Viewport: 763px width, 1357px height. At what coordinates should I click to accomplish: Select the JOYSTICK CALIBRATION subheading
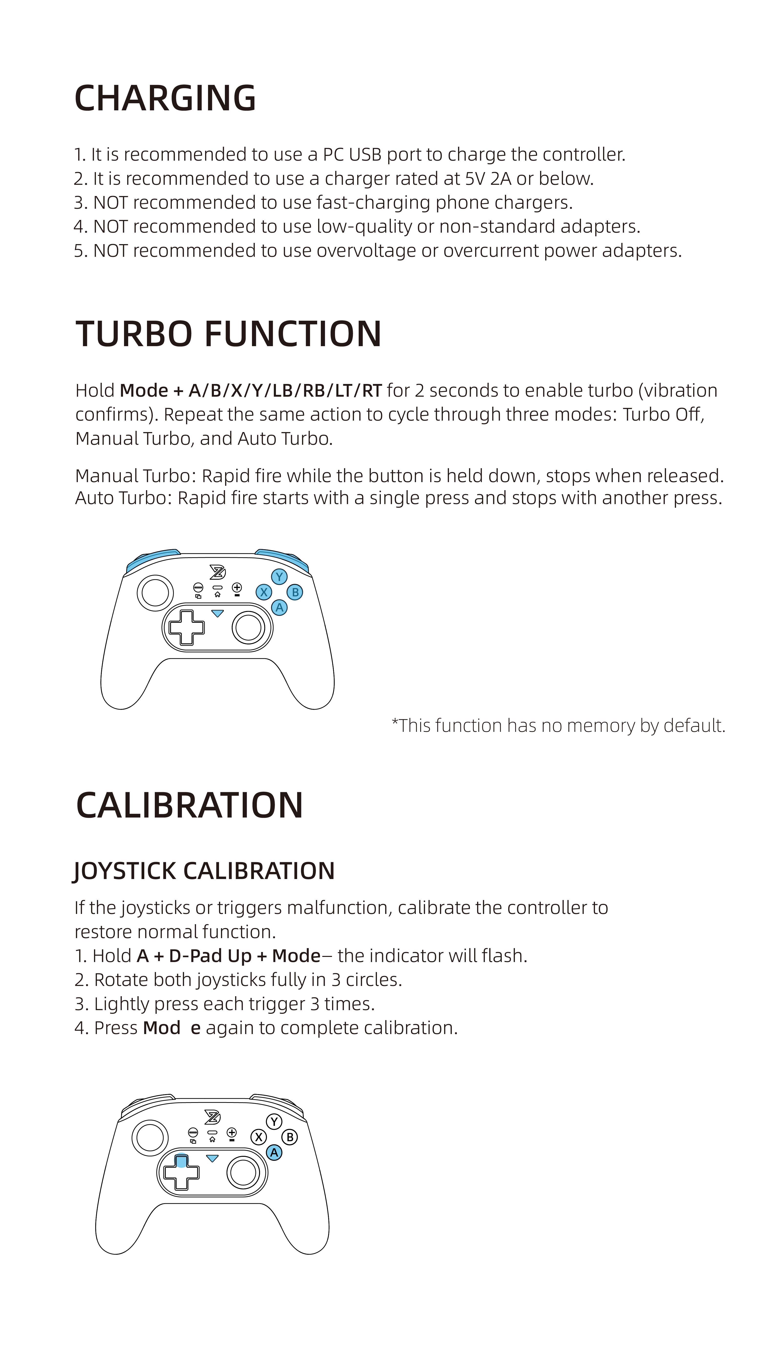[204, 871]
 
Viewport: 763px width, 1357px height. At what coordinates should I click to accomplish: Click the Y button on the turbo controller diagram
[279, 576]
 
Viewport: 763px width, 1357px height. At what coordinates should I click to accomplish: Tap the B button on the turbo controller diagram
[295, 592]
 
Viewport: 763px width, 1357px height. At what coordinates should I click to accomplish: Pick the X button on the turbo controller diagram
[263, 592]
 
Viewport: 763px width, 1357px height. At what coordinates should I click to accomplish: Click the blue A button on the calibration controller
[274, 1153]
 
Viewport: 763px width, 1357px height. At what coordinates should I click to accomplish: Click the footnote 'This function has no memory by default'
[559, 726]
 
